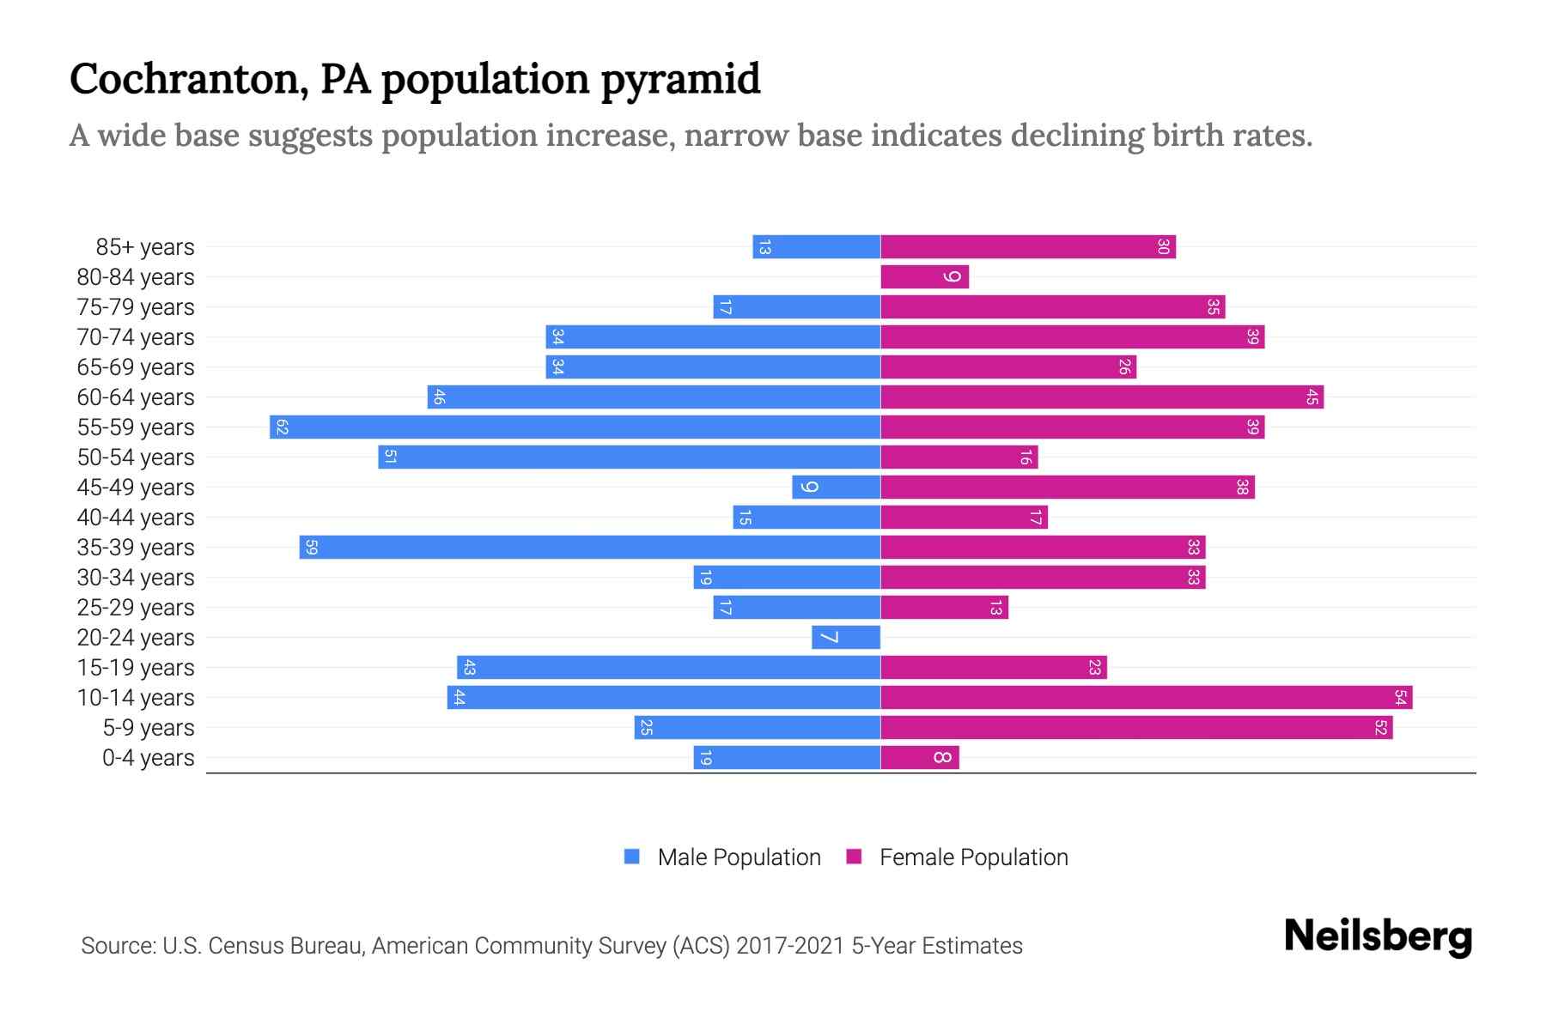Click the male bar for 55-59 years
click(x=575, y=427)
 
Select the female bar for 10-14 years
click(x=1146, y=698)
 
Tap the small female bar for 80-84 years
click(x=924, y=277)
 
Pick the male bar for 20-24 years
click(x=846, y=638)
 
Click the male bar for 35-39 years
click(x=589, y=548)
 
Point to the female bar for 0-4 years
click(x=919, y=758)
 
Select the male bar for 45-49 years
click(x=836, y=488)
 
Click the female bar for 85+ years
click(x=1027, y=247)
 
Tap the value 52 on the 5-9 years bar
click(x=1380, y=728)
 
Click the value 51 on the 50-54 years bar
click(x=390, y=457)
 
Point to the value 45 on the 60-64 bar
click(x=1312, y=397)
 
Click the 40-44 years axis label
click(x=136, y=518)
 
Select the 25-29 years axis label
click(x=136, y=608)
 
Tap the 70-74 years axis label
click(x=136, y=337)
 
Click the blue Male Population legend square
click(x=632, y=857)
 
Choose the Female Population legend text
click(x=973, y=857)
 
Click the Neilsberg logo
click(x=1378, y=936)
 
